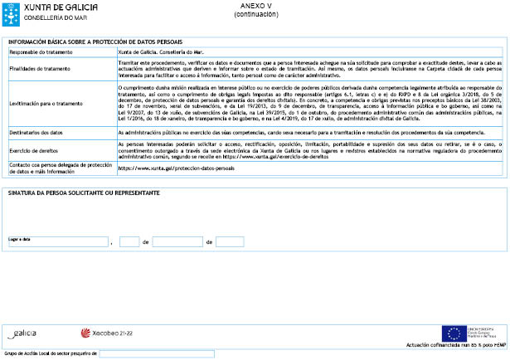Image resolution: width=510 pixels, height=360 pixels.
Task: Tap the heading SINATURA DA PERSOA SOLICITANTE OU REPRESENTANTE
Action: point(83,193)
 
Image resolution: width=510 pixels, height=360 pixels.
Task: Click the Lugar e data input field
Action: point(57,241)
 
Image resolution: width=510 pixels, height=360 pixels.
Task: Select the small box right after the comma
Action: point(129,241)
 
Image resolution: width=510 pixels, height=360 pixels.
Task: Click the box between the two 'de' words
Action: point(177,241)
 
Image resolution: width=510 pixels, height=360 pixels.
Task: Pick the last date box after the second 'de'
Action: point(230,241)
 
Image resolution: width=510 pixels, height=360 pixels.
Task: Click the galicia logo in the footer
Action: point(22,333)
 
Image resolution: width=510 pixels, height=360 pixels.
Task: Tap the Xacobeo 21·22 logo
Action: point(106,333)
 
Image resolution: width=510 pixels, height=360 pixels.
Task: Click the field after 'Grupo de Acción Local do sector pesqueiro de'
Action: point(156,353)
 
